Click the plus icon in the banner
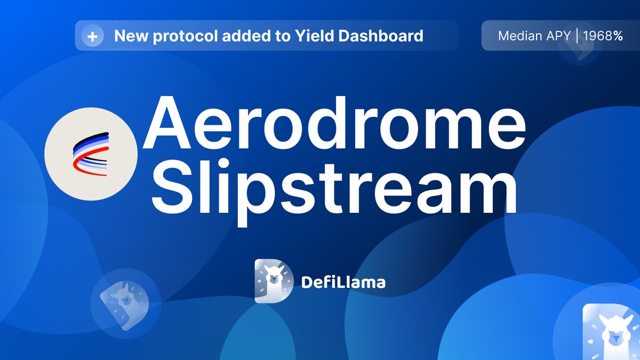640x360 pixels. pos(92,36)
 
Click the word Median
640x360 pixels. pos(518,36)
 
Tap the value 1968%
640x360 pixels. pos(603,36)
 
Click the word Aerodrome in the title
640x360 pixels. pos(334,124)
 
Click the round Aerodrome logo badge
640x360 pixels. pos(91,154)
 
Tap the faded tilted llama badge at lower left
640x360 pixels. pos(125,300)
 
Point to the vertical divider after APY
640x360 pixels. pos(577,36)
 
